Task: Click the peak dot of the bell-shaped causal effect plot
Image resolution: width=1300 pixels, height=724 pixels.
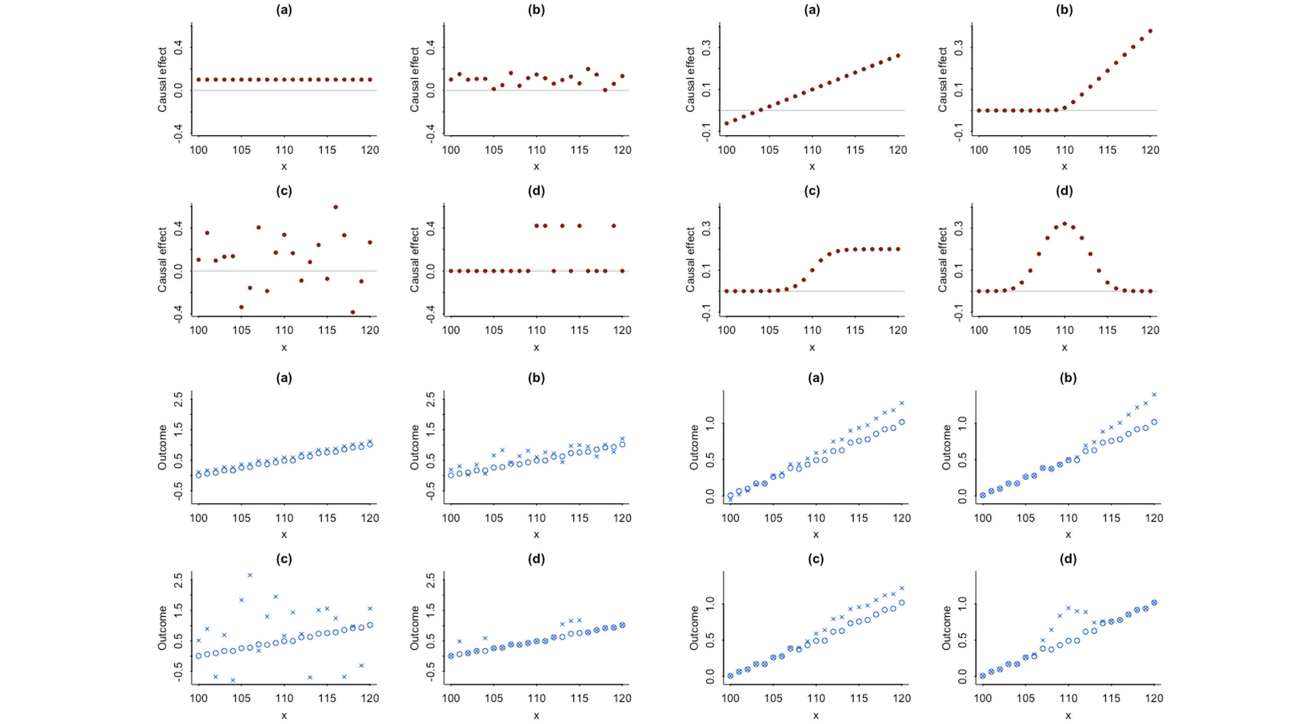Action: pos(1064,224)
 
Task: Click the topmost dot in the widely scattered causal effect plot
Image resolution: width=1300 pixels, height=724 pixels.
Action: pos(336,207)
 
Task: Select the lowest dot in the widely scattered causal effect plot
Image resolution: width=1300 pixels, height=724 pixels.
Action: pos(353,312)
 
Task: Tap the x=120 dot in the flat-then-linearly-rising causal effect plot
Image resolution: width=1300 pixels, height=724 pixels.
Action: pos(1150,31)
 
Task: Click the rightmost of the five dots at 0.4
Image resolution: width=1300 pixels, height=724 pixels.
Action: pos(614,226)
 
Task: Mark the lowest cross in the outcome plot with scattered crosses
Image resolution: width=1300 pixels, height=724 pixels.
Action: pos(232,680)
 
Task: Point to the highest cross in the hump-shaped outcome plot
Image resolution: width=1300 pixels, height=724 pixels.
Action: pos(1068,608)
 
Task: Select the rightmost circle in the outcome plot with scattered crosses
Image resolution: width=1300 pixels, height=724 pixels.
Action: pos(370,625)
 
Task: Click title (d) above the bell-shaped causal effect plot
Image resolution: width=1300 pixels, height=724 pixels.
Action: pos(1064,191)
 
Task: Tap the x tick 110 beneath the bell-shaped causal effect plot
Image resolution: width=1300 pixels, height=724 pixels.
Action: pos(1064,330)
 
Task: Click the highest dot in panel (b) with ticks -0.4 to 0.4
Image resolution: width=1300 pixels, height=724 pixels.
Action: pos(588,69)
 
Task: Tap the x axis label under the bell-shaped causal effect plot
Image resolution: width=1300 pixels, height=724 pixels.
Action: pos(1064,347)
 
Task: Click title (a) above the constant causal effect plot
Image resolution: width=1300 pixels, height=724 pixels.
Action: pos(284,10)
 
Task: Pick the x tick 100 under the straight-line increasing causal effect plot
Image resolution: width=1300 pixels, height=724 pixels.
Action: pos(727,150)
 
